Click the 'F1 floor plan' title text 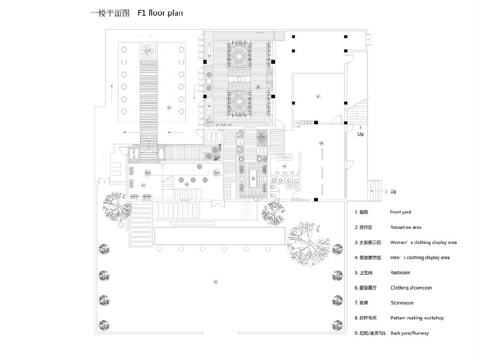click(160, 12)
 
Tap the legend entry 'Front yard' click(400, 212)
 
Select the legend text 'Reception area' click(406, 227)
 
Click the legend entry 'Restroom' click(400, 273)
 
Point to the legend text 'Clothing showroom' click(411, 287)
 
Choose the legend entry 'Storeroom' click(402, 303)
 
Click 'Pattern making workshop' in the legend click(417, 318)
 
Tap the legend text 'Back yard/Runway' click(409, 333)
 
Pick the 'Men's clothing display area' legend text click(419, 258)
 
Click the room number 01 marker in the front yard click(216, 281)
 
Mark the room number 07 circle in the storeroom click(318, 97)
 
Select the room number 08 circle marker click(322, 143)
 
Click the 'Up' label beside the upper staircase click(361, 134)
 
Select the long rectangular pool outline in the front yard click(219, 235)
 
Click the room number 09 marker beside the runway click(169, 108)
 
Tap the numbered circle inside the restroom click(284, 167)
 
